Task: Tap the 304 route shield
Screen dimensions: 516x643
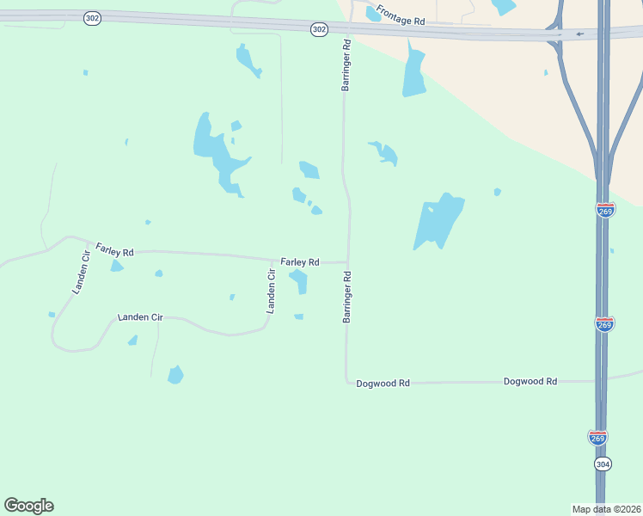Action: [x=603, y=463]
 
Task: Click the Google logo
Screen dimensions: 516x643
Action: [x=28, y=506]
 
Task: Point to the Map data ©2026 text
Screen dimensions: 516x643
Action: [x=606, y=508]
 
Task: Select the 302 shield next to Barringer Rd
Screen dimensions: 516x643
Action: [x=319, y=29]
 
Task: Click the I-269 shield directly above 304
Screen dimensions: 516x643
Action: [x=598, y=437]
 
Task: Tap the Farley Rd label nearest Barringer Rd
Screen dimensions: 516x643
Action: [x=300, y=261]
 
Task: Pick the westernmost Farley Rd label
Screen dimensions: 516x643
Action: [x=114, y=251]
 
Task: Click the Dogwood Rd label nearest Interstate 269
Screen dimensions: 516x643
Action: [x=530, y=381]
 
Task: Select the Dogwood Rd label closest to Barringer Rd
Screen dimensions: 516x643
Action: [x=383, y=383]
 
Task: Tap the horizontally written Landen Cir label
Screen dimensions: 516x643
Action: [x=140, y=317]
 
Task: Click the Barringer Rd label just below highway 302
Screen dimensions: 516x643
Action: [x=346, y=65]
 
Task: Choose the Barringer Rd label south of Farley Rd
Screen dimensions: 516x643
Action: [x=347, y=298]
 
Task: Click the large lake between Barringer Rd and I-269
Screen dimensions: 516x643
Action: [x=438, y=221]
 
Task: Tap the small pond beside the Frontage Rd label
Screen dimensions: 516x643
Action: [x=373, y=14]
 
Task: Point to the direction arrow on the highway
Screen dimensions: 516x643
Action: [x=580, y=34]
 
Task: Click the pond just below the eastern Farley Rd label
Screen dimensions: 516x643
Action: [x=298, y=279]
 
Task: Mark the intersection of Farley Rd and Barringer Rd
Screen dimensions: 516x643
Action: [x=347, y=261]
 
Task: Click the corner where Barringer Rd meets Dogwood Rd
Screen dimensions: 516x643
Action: [x=347, y=382]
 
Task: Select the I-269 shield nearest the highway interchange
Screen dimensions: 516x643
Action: [x=605, y=210]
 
